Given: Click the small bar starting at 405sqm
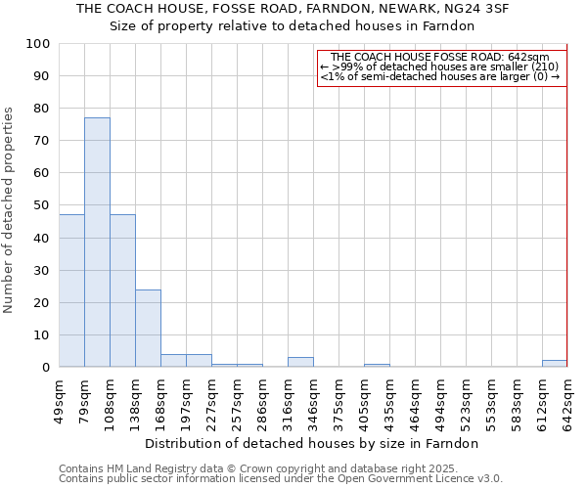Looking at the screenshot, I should coord(377,366).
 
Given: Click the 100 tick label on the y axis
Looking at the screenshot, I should coord(37,44).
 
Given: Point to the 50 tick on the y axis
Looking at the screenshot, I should coord(41,205).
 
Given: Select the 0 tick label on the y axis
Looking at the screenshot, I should coord(45,368).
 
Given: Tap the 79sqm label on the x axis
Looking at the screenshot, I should coord(84,400).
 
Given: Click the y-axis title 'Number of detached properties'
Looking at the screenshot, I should coord(10,210).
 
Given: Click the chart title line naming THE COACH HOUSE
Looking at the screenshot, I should coord(293,9).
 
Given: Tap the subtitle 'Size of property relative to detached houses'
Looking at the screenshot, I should coord(293,26).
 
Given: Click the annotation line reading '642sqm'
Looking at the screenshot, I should coord(440,58).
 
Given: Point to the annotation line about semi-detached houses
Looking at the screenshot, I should coord(440,76).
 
